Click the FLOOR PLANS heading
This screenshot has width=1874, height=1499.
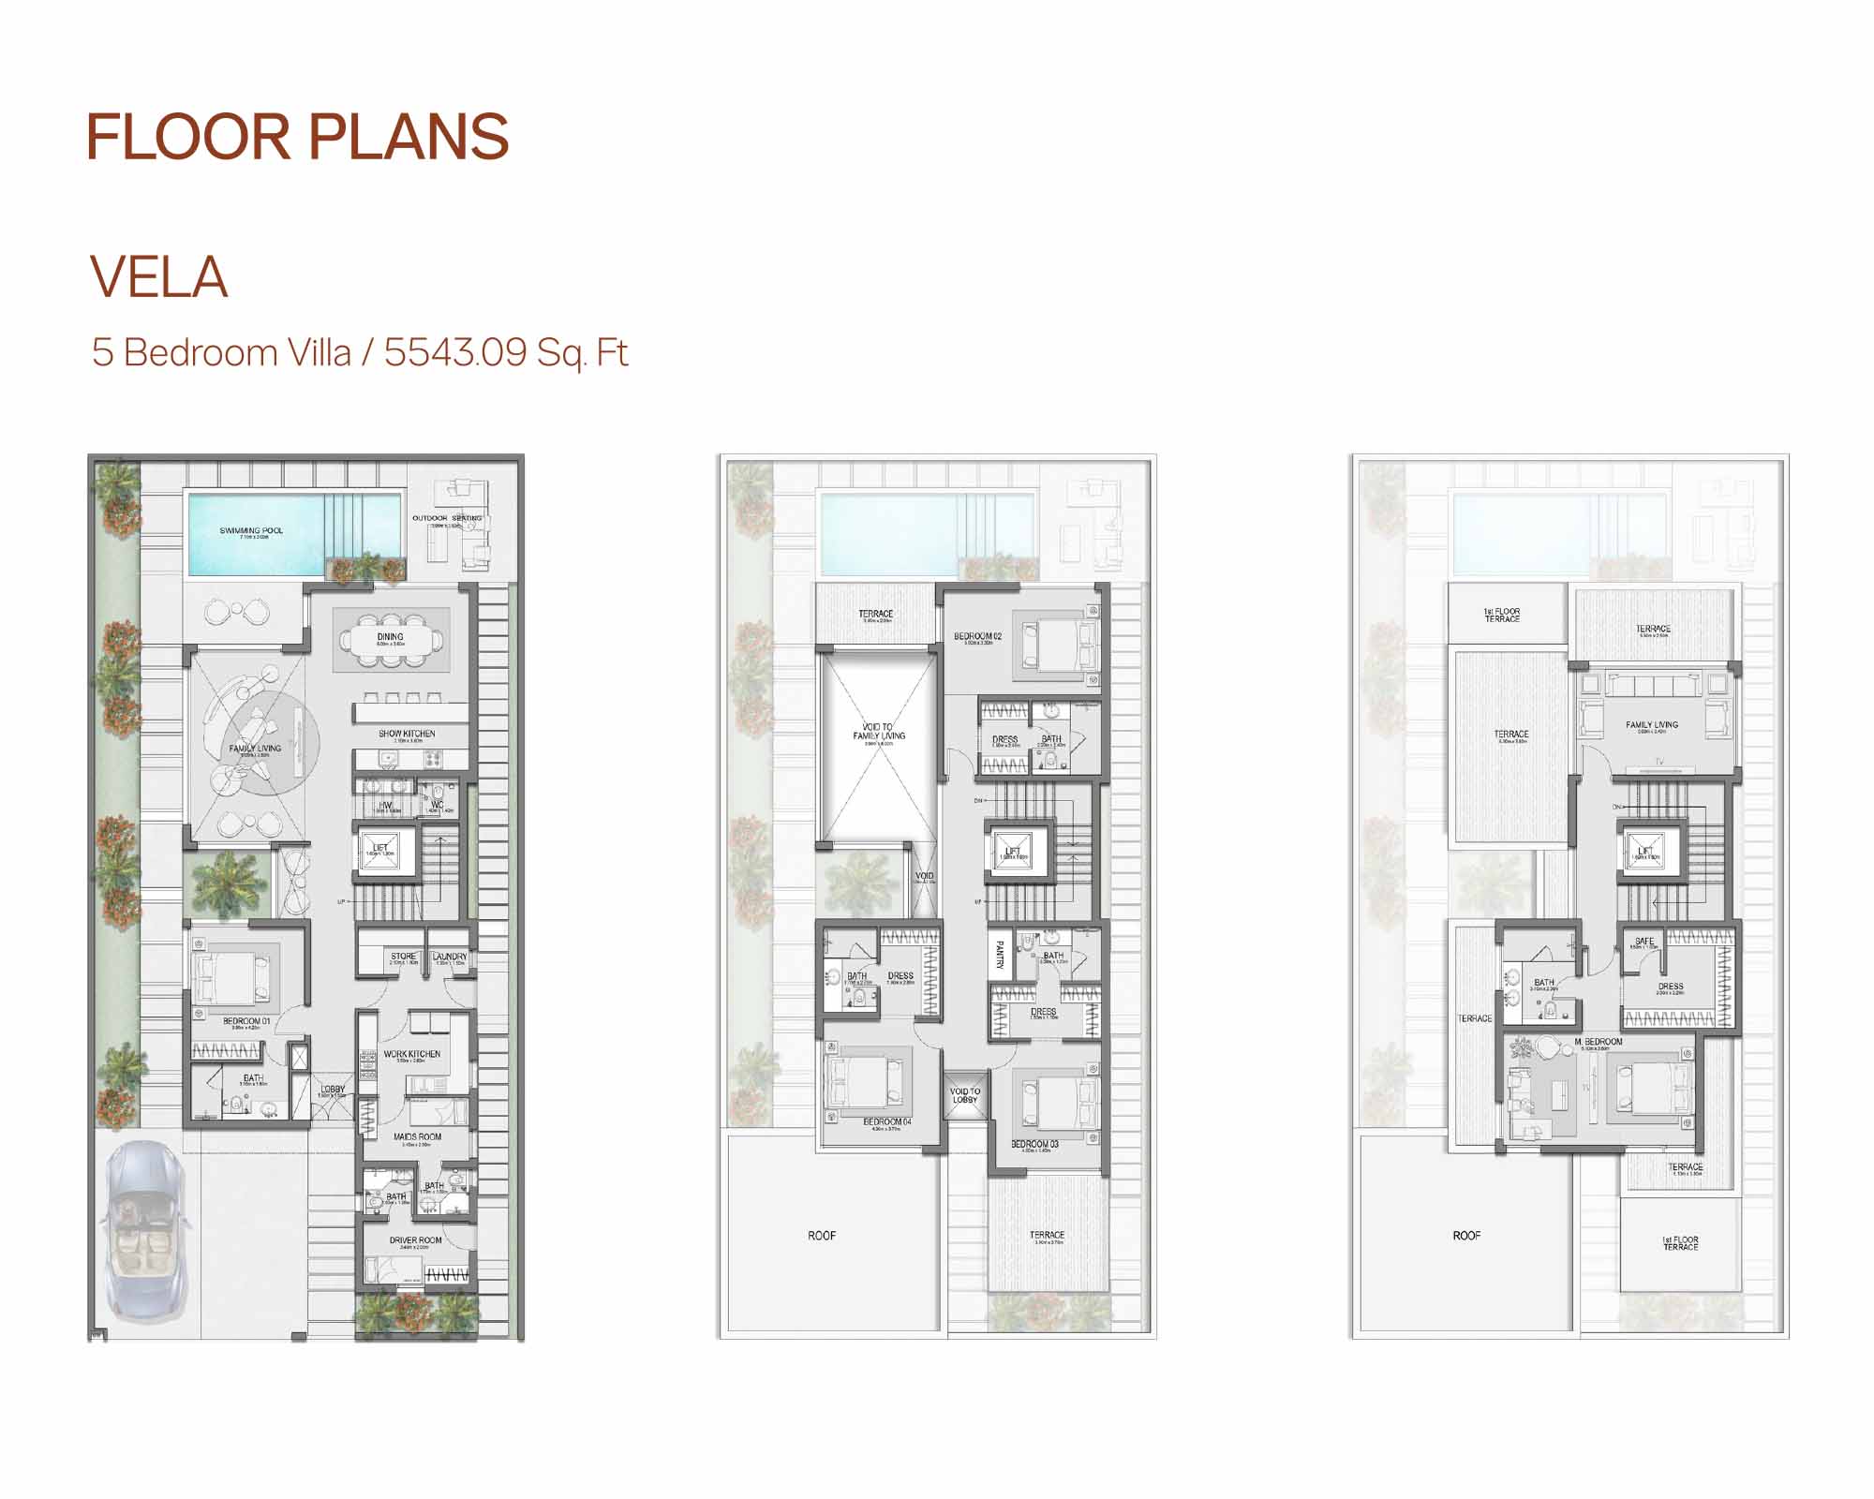tap(297, 138)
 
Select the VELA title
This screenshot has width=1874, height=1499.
tap(159, 277)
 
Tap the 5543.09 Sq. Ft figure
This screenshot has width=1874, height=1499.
tap(505, 353)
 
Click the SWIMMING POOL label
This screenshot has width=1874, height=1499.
tap(251, 530)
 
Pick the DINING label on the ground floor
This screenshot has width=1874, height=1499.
tap(390, 637)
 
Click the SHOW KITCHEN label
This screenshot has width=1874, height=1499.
tap(407, 734)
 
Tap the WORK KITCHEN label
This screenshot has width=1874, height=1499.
tap(411, 1054)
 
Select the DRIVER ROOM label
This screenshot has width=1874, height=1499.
tap(415, 1240)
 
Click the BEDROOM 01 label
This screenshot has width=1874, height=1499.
tap(246, 1021)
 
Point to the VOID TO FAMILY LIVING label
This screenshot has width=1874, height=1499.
tap(878, 731)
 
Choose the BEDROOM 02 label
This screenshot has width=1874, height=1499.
tap(977, 636)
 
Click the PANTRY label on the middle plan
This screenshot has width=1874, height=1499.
tap(1000, 956)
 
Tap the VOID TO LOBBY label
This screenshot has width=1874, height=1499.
tap(964, 1095)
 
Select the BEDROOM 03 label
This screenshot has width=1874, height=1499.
tap(1034, 1144)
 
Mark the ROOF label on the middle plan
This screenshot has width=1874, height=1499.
tap(822, 1236)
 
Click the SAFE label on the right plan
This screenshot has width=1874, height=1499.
tap(1643, 941)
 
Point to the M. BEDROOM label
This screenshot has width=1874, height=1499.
tap(1599, 1042)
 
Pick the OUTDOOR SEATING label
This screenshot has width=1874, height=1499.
tap(447, 518)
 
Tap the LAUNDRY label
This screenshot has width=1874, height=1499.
tap(450, 957)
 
